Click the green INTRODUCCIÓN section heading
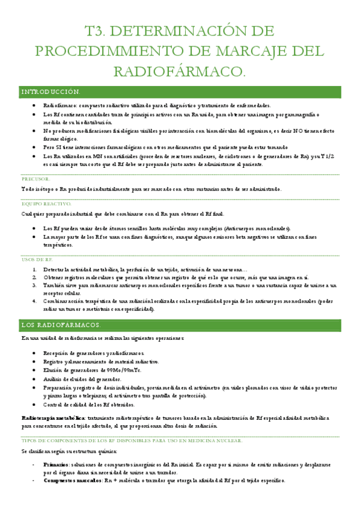click(50, 92)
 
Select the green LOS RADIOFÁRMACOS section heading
click(61, 325)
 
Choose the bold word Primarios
click(55, 465)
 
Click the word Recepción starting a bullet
click(58, 353)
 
